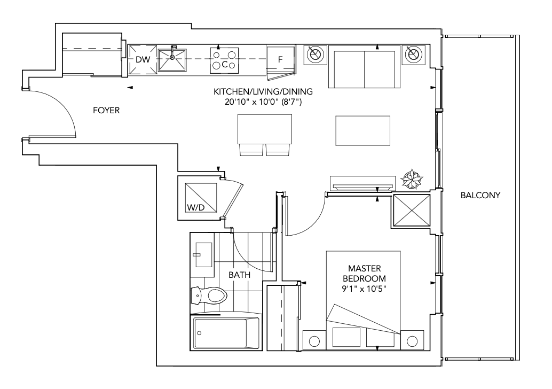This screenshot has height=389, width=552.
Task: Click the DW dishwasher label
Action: [143, 59]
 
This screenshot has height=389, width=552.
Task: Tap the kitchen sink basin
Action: [172, 59]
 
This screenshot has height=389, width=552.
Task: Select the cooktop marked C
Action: [224, 60]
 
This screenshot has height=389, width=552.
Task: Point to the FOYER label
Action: [106, 111]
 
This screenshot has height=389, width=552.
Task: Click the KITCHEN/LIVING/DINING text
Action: [263, 91]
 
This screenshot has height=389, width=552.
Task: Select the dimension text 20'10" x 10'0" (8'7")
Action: [263, 102]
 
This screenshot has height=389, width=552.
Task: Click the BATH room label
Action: [239, 275]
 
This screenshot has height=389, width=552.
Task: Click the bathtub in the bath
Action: [226, 333]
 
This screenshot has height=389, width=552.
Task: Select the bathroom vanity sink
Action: [202, 255]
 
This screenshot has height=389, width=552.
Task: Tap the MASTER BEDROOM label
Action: [365, 274]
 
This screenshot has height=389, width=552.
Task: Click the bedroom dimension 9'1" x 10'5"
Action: [365, 289]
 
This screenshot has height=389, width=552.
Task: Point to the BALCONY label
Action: [480, 195]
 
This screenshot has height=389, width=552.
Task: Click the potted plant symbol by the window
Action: [412, 179]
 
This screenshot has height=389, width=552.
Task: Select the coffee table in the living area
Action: [362, 130]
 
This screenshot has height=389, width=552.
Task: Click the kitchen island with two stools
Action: [265, 135]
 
